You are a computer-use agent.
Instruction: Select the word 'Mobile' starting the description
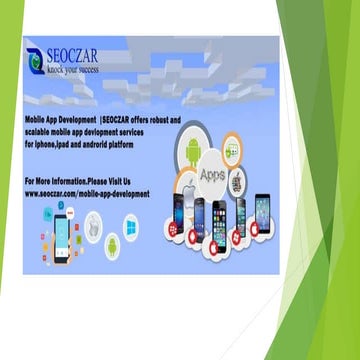[37, 119]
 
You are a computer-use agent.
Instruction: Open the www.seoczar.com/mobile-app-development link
[87, 192]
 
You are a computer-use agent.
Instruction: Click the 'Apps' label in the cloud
[212, 174]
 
